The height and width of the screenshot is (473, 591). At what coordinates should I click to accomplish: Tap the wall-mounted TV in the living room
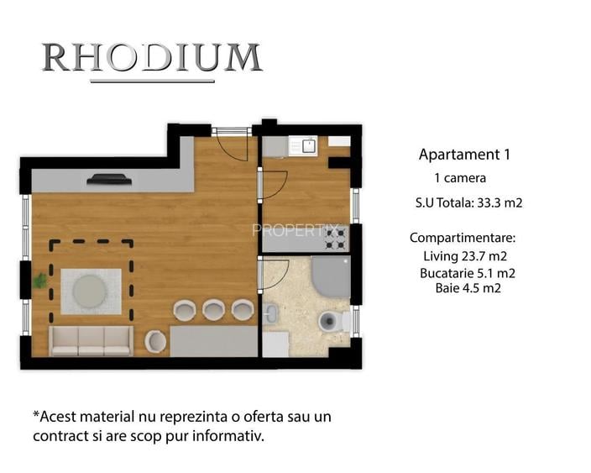click(x=109, y=178)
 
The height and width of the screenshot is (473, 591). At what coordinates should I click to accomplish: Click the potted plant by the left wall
click(x=39, y=281)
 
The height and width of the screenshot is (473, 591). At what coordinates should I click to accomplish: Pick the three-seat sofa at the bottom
click(x=91, y=339)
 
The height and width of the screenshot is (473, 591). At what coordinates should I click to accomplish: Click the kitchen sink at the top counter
click(x=308, y=146)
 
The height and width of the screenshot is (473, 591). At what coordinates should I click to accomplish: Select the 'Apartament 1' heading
click(x=464, y=155)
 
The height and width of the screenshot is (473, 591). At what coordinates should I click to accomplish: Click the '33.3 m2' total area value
click(x=501, y=202)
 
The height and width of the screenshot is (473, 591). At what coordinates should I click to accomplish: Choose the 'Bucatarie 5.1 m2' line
click(x=467, y=273)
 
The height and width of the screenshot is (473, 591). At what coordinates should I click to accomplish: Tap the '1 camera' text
click(x=460, y=178)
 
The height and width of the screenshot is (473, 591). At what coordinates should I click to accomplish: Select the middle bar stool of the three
click(x=213, y=309)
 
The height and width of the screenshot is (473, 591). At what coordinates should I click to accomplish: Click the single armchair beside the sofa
click(x=156, y=340)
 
